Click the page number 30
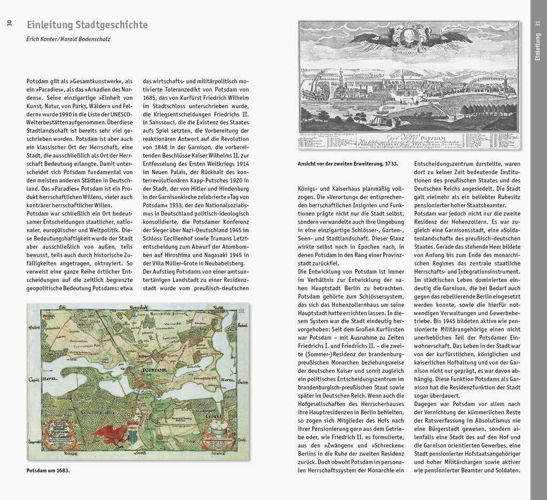(x=9, y=24)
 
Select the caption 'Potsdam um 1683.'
(x=48, y=471)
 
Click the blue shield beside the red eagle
(x=132, y=432)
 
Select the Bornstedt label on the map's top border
(x=138, y=307)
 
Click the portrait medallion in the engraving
(x=409, y=38)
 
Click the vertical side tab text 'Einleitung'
(x=538, y=47)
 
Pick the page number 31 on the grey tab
(x=538, y=24)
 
